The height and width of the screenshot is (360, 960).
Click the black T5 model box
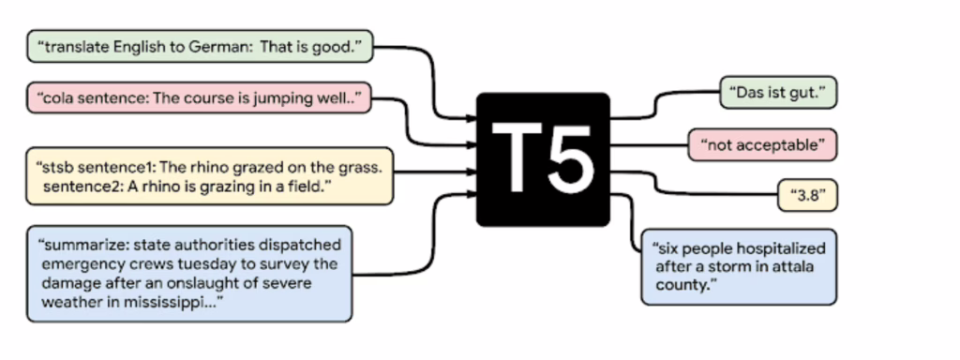pos(543,158)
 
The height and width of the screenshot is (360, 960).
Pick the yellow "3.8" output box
pos(807,196)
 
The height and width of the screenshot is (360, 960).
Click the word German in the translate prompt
pos(226,47)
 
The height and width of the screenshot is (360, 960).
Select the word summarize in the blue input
pos(80,245)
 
